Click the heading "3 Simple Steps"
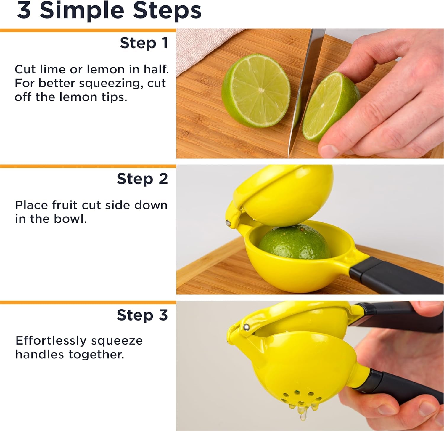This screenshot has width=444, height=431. point(109,11)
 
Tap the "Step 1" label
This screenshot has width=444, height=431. point(144,43)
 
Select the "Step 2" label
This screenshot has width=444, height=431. point(142,179)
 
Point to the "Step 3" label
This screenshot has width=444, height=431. point(142,315)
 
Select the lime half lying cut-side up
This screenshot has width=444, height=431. point(256,91)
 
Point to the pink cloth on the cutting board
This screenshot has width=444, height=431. point(201,47)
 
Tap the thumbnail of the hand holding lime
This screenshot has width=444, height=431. point(329,149)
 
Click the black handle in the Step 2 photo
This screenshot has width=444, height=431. point(397,277)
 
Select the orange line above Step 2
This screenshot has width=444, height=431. point(88,166)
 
